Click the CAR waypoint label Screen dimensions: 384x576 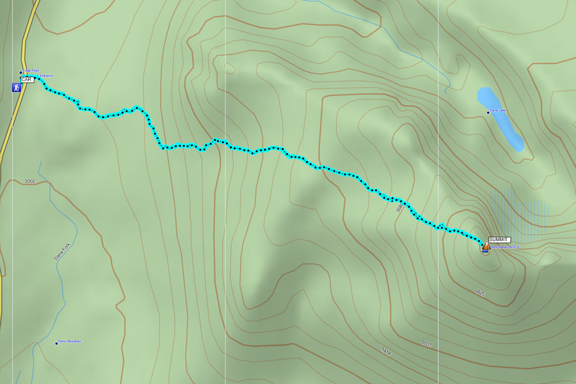tap(27, 79)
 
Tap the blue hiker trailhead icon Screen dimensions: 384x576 tap(16, 87)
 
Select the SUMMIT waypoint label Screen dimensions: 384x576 tap(499, 239)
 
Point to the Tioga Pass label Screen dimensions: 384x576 tap(31, 71)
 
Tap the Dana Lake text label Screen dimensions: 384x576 tap(499, 111)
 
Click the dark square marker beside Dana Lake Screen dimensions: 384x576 tap(488, 112)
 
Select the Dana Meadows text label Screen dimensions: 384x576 tap(70, 341)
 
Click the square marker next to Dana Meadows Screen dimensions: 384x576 tap(56, 343)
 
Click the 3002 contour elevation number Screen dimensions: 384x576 tap(30, 181)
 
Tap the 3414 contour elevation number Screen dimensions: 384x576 tap(386, 351)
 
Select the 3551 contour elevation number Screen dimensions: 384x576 tap(427, 344)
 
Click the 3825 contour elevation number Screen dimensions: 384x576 tap(479, 293)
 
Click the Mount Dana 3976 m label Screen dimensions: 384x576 tap(506, 247)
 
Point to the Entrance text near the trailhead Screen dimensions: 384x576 tap(47, 76)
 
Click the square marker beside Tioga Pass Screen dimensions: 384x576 tap(21, 72)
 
